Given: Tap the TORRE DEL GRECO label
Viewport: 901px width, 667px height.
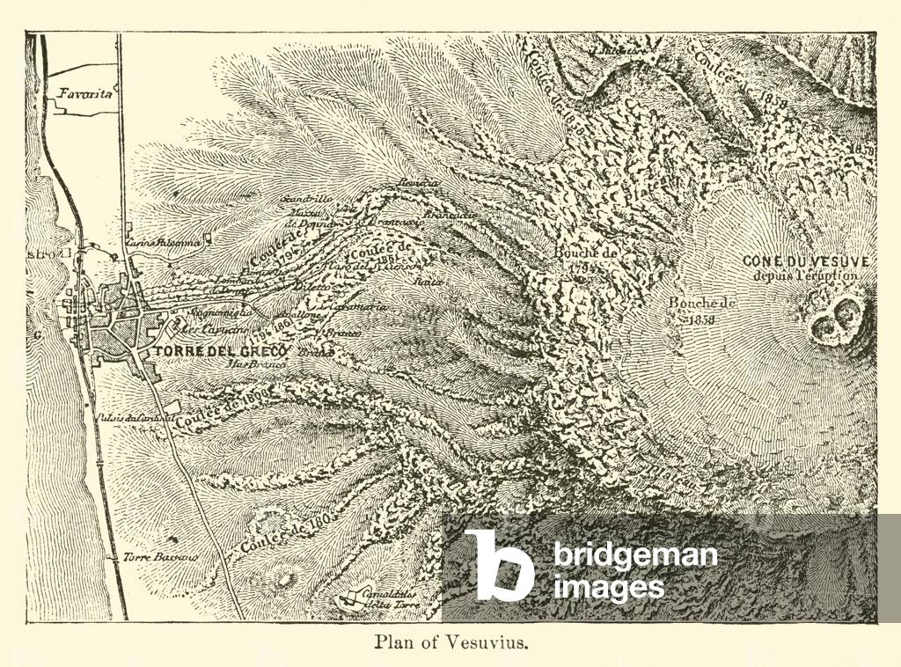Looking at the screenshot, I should point(223,349).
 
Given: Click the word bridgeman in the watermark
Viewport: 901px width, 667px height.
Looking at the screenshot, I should point(635,556).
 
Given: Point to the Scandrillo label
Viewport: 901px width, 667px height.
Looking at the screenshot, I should point(305,200).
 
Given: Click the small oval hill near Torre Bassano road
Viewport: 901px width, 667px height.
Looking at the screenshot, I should point(283,579).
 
